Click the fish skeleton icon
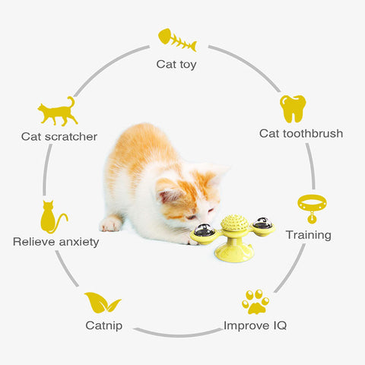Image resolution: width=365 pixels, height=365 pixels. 177,40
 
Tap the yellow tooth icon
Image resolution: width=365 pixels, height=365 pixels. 293,109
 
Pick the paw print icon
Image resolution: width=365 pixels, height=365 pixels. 255,302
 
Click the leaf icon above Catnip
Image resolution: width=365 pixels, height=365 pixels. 103,302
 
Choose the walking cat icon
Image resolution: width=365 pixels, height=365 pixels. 58,112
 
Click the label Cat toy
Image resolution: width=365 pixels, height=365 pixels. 176,65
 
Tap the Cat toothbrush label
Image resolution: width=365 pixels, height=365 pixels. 301,133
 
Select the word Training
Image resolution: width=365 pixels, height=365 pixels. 309,235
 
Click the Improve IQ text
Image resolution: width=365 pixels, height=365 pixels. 255,325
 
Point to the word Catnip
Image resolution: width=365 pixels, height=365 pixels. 104,325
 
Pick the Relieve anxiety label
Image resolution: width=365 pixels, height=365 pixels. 56,242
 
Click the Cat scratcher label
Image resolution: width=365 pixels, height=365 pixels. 59,137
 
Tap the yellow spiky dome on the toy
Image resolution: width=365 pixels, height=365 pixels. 234,222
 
